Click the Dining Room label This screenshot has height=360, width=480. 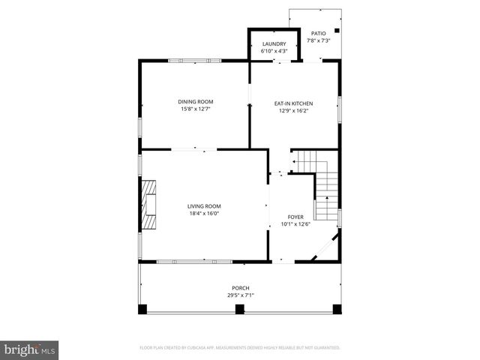click(x=195, y=101)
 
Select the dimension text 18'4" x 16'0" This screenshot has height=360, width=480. click(x=204, y=214)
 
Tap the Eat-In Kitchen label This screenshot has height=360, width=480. click(x=293, y=103)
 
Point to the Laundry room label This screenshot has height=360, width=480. click(x=274, y=44)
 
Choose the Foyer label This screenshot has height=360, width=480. click(x=295, y=217)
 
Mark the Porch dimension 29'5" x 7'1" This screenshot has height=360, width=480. click(x=240, y=295)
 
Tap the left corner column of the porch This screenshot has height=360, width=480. click(x=142, y=309)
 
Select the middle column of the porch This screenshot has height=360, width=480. click(x=240, y=309)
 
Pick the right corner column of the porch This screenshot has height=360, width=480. click(x=337, y=309)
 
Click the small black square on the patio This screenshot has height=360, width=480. click(x=337, y=31)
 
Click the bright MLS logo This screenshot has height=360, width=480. click(x=30, y=349)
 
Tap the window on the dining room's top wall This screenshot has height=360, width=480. click(x=195, y=61)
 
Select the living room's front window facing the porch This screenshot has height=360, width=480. click(x=184, y=262)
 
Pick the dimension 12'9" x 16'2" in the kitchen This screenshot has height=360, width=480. click(x=293, y=110)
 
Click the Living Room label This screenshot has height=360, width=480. click(x=204, y=206)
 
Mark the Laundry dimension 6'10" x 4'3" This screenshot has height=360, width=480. click(x=274, y=51)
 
